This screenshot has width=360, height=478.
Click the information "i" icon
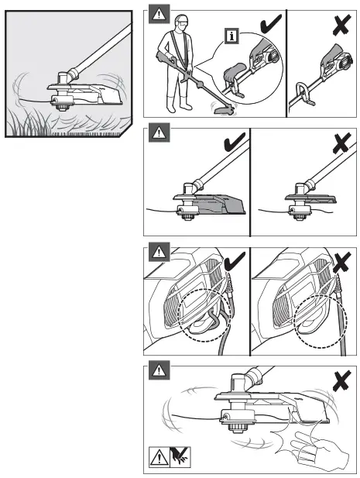[229, 35]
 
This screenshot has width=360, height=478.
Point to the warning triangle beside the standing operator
[159, 15]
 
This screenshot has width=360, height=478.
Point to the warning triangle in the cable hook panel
[159, 253]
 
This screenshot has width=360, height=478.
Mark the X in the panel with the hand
[337, 378]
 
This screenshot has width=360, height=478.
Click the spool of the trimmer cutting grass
[57, 98]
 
